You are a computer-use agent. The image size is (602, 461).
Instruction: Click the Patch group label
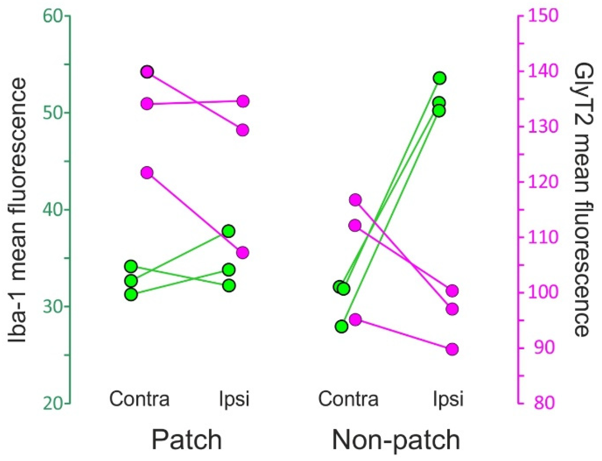click(x=187, y=439)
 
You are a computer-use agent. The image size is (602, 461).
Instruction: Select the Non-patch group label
click(x=396, y=439)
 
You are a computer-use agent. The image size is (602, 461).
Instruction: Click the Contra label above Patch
click(x=139, y=399)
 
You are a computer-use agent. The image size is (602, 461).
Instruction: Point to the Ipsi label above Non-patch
click(x=448, y=399)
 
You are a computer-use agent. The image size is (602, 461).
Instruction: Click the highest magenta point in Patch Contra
click(x=147, y=72)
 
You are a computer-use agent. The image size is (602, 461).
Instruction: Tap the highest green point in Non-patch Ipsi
click(x=440, y=78)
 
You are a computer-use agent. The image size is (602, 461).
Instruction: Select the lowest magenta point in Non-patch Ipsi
click(x=452, y=349)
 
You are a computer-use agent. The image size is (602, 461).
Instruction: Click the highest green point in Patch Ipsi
click(x=229, y=231)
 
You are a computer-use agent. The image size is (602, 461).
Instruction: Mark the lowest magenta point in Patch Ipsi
click(x=243, y=253)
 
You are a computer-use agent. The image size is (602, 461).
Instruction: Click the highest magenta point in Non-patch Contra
click(x=355, y=200)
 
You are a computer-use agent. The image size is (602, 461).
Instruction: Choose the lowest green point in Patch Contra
click(x=131, y=294)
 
